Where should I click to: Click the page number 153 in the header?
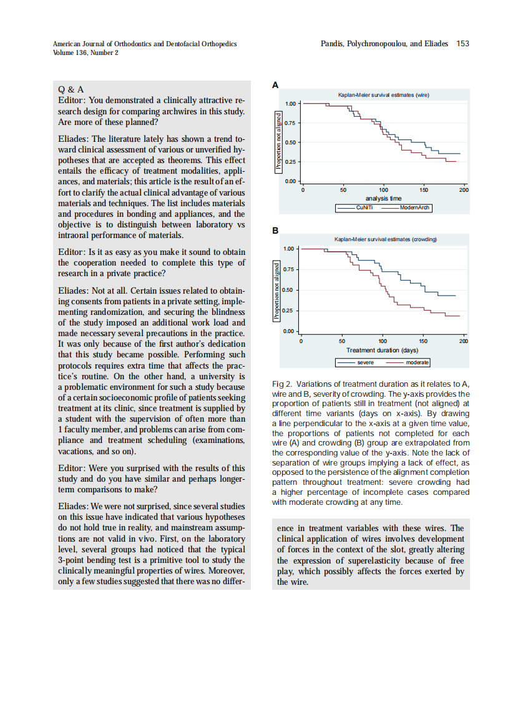point(462,44)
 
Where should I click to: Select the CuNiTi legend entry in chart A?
point(364,207)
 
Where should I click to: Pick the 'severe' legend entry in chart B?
point(365,362)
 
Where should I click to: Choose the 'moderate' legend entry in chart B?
point(417,362)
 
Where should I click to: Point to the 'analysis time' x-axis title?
point(383,199)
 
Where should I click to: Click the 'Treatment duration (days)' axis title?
point(383,350)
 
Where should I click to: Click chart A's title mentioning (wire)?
point(384,95)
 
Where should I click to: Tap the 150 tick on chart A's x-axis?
point(424,190)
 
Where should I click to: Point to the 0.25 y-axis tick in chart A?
point(290,162)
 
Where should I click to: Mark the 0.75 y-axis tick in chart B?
point(288,269)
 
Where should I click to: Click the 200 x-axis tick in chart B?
point(463,341)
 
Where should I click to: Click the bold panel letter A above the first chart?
point(275,84)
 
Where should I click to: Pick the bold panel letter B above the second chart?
point(275,231)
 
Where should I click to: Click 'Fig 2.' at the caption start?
point(283,384)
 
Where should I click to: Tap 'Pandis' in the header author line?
point(333,44)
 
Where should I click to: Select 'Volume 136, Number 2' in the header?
point(86,52)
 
